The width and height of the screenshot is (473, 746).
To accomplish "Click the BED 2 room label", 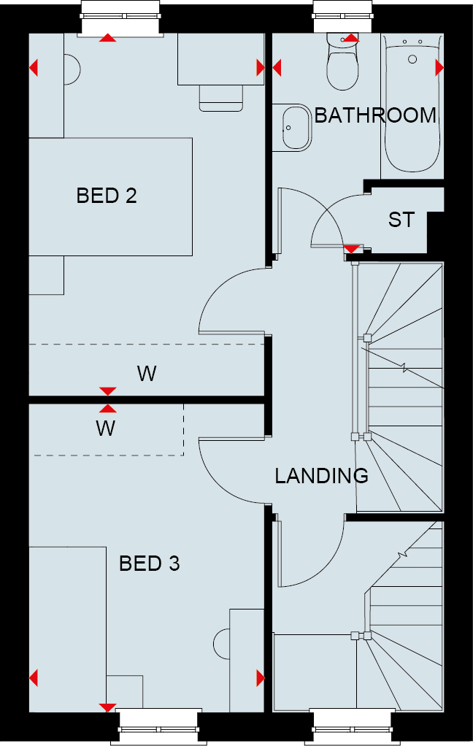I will (x=107, y=196).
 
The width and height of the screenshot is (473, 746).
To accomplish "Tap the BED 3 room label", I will (x=149, y=564).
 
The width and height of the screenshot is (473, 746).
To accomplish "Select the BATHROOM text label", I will (x=375, y=115).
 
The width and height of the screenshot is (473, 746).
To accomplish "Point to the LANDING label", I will (x=321, y=476).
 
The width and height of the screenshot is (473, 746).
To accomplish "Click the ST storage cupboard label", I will (x=401, y=220).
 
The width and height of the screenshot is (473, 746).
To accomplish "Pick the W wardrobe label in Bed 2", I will (x=147, y=374).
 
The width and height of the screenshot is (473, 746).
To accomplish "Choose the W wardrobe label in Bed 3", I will (x=106, y=428).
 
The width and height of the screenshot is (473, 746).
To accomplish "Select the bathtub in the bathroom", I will (x=412, y=102).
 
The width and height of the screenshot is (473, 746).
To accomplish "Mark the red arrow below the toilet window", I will (x=350, y=38).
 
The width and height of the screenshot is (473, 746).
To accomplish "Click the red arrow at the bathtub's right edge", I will (x=439, y=68).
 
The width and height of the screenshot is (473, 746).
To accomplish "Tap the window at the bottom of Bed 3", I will (x=160, y=728).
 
